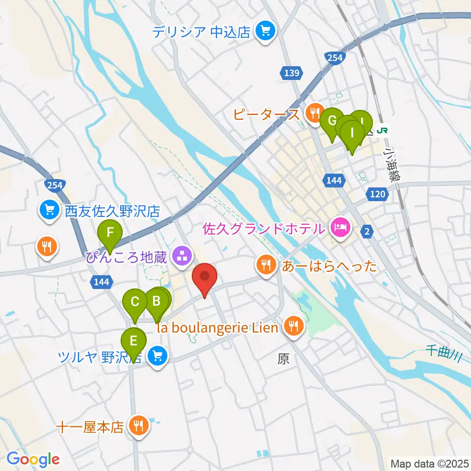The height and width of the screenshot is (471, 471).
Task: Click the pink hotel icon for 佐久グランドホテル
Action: pyautogui.click(x=340, y=228)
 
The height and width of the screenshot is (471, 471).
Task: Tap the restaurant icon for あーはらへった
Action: pyautogui.click(x=266, y=266)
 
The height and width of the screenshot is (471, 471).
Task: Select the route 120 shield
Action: pyautogui.click(x=377, y=194)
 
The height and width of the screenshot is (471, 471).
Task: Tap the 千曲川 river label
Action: pyautogui.click(x=444, y=352)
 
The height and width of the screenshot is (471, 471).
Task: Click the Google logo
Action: pyautogui.click(x=33, y=459)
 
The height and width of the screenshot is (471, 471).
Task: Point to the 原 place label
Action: pyautogui.click(x=283, y=360)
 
